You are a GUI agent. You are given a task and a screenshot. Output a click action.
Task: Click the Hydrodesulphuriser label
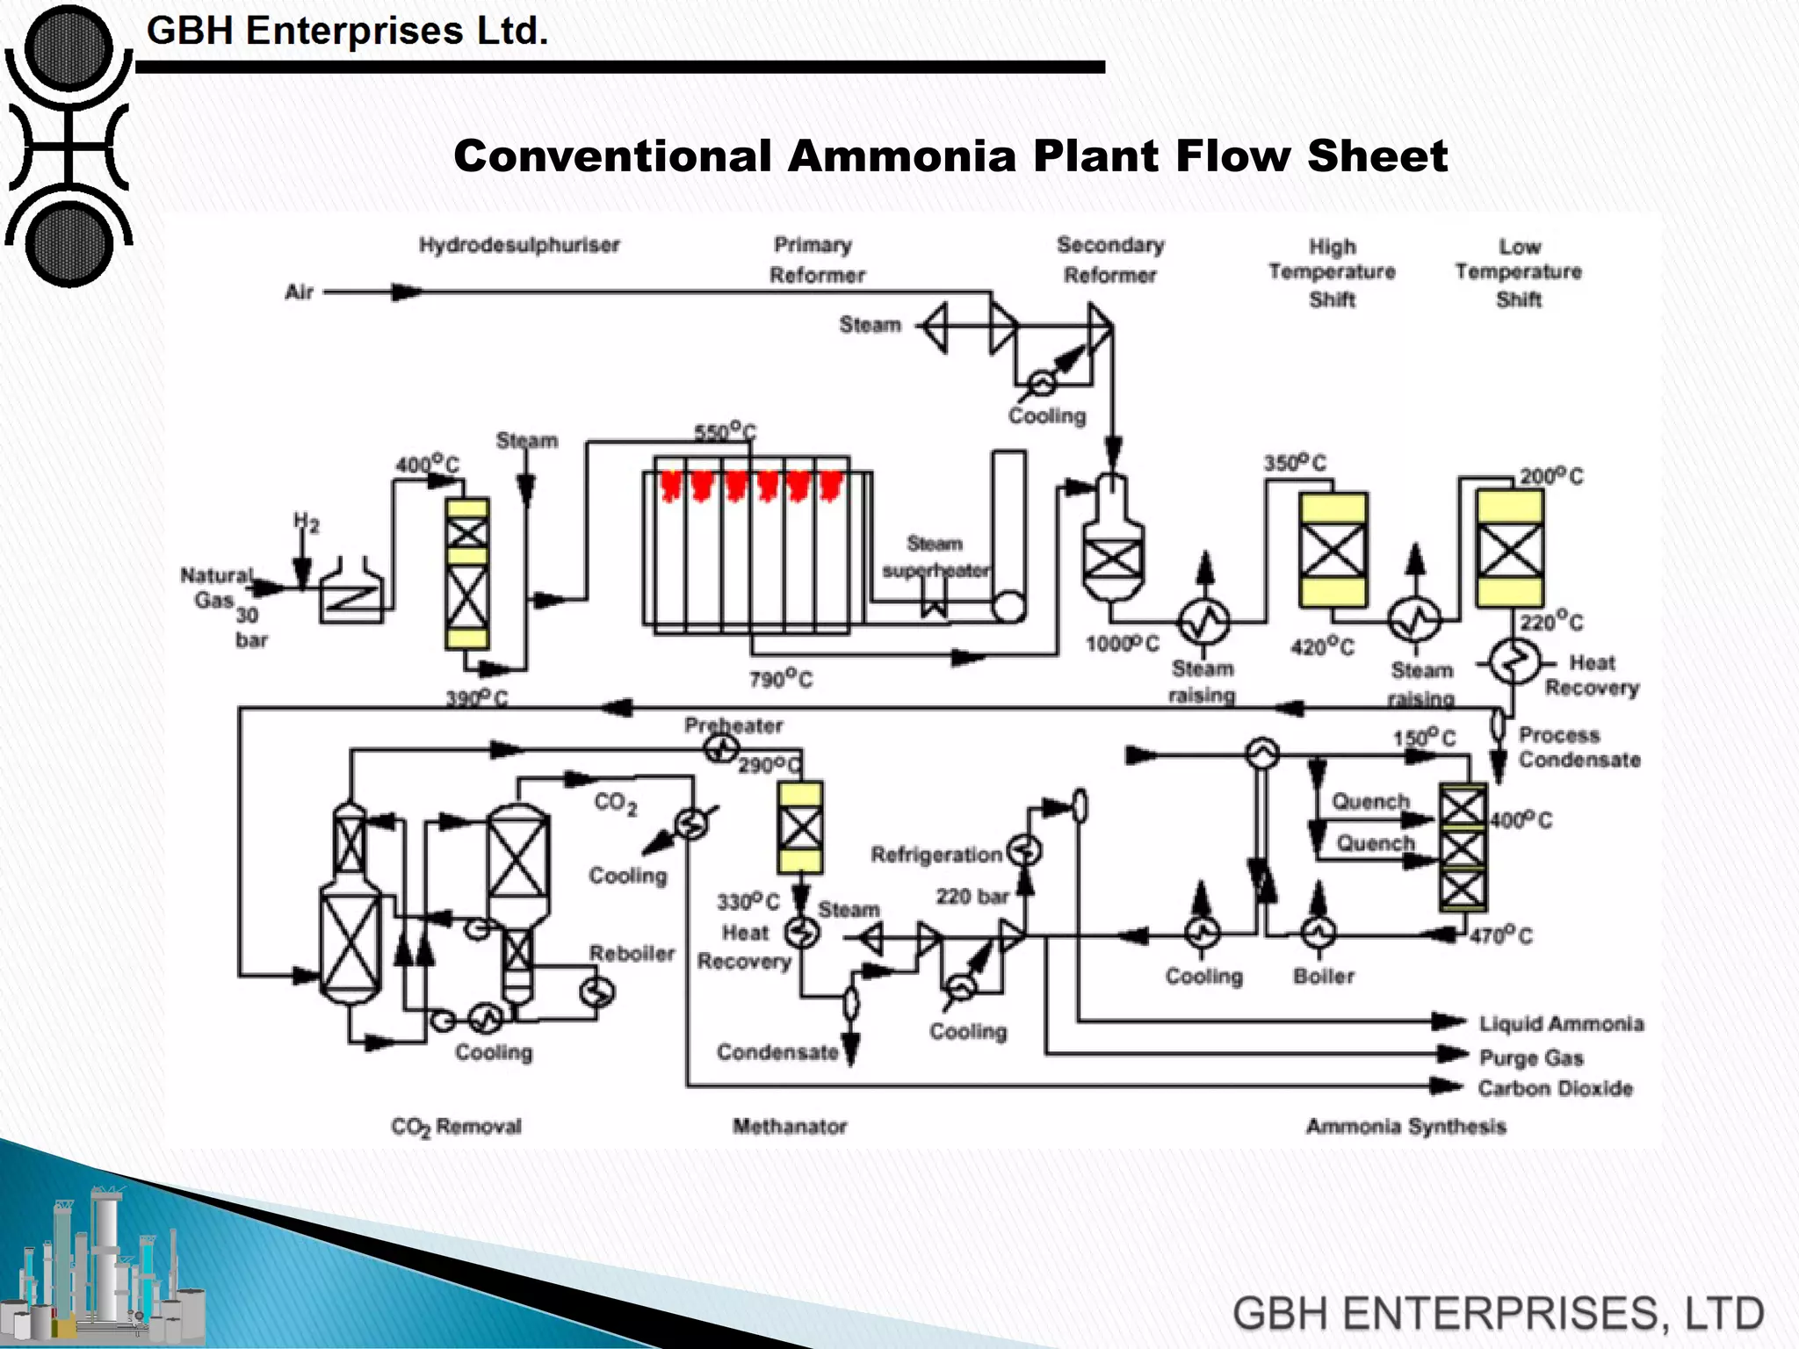coord(518,245)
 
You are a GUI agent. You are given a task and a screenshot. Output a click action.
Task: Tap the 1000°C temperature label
coord(1122,644)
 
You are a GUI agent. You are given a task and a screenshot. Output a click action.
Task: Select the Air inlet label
coord(299,292)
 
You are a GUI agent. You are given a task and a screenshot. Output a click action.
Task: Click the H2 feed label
coord(306,523)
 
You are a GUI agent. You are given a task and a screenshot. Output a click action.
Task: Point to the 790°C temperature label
coord(780,679)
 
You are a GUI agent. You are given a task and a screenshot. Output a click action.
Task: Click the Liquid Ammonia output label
coord(1561,1024)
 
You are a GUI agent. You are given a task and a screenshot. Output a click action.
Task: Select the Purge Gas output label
coord(1531,1057)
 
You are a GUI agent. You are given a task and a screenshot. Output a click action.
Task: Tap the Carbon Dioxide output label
coord(1555,1089)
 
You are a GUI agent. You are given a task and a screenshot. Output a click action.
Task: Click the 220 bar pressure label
coord(972,897)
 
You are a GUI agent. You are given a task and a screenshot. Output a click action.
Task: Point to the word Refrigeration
coord(936,855)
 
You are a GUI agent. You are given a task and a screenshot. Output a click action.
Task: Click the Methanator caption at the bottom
coord(790,1127)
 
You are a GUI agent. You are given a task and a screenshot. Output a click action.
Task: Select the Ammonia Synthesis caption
coord(1405,1127)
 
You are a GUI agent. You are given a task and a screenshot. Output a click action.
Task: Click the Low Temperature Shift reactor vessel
coord(1509,550)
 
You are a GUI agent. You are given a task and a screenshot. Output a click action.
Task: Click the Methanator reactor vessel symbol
coord(800,827)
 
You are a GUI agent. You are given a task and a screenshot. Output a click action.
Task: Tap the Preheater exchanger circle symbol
coord(721,749)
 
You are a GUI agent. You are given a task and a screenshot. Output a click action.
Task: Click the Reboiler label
coord(632,954)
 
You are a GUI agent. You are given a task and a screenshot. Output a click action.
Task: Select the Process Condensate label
coord(1579,747)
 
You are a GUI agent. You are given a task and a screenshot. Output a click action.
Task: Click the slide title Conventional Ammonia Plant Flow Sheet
coord(950,156)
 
